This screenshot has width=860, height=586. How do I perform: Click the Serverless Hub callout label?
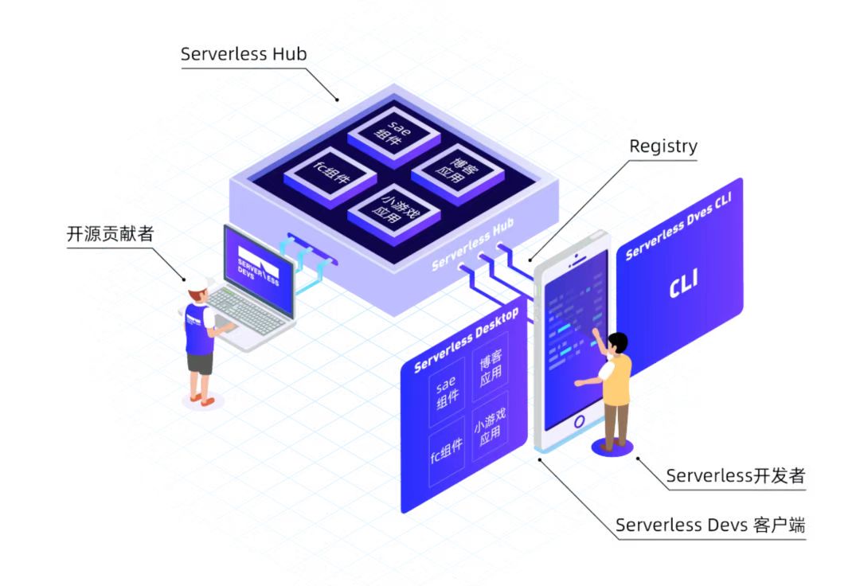tap(244, 54)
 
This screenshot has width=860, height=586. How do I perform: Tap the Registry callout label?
tap(663, 146)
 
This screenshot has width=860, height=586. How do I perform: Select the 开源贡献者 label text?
tap(110, 234)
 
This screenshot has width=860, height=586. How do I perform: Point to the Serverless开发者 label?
tap(735, 476)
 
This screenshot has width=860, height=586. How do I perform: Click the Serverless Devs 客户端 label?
tap(710, 525)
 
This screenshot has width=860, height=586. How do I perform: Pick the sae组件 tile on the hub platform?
tap(393, 131)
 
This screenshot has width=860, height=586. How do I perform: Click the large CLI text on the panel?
tap(684, 287)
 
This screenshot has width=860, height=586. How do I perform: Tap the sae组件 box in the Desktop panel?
tap(448, 393)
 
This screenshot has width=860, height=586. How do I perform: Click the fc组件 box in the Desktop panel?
tap(447, 453)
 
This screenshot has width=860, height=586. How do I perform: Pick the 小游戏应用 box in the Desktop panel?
tap(489, 427)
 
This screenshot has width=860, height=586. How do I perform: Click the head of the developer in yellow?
tap(617, 343)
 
